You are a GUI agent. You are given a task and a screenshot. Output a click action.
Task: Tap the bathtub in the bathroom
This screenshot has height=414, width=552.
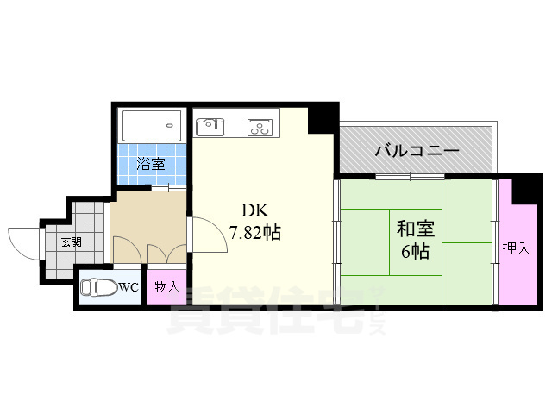[x=152, y=127]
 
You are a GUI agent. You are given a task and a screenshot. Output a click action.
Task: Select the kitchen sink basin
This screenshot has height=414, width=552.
[x=210, y=128]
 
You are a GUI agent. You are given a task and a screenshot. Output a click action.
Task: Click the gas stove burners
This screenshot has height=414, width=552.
[x=260, y=129]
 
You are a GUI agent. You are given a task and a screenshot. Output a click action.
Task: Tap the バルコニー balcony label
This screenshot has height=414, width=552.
[x=416, y=151]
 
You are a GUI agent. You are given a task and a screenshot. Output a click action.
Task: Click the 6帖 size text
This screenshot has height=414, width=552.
[x=415, y=252]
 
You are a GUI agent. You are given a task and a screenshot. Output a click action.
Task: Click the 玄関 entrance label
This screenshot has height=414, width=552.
[x=71, y=241]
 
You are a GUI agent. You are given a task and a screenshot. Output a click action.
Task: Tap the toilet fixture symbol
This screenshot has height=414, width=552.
[x=97, y=287]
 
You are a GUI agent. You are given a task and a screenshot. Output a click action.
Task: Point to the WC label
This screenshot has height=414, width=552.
[x=129, y=287]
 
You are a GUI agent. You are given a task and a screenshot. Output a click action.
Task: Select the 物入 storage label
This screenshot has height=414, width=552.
[x=166, y=287]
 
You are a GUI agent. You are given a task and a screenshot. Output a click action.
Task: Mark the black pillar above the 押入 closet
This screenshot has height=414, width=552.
[x=522, y=191]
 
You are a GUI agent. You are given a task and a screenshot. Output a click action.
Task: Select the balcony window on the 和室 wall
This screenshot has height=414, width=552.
[x=410, y=177]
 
